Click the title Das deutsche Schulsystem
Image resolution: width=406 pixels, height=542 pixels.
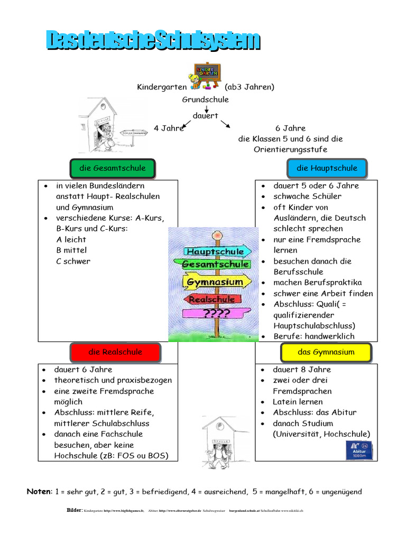[x=153, y=40]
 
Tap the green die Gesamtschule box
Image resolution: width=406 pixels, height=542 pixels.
[x=113, y=168]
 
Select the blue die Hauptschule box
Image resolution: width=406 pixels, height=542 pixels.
[x=326, y=168]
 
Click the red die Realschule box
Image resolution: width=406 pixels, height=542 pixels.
[x=115, y=352]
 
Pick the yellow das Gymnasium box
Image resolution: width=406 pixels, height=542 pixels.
[x=326, y=352]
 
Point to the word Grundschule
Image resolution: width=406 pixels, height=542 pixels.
[x=206, y=100]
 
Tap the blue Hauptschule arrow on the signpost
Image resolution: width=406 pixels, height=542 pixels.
[x=215, y=251]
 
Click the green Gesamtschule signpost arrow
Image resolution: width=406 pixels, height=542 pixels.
[x=216, y=264]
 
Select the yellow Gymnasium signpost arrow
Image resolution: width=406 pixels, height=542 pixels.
[x=215, y=282]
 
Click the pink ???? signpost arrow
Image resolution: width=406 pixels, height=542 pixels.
[x=216, y=313]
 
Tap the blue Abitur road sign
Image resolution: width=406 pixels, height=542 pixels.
[x=358, y=450]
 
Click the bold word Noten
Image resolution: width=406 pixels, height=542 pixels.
[x=39, y=492]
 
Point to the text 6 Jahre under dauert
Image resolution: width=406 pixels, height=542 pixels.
[x=290, y=129]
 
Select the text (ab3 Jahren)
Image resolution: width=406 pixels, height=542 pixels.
[x=250, y=87]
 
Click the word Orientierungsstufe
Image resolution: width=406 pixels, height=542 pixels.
[x=290, y=150]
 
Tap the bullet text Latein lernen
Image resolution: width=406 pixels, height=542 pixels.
[x=298, y=402]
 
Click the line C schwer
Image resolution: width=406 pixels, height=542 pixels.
[x=73, y=261]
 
